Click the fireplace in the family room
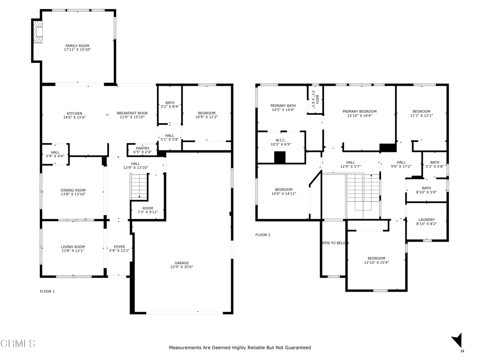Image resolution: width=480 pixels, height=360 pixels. (37, 32)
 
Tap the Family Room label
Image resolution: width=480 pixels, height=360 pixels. (77, 45)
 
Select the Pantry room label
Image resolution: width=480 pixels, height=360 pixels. (142, 148)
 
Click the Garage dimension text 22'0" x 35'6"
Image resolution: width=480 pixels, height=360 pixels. (182, 267)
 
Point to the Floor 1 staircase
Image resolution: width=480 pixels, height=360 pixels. (139, 187)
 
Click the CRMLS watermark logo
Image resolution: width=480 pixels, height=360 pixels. (18, 344)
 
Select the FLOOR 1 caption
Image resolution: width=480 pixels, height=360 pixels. (47, 292)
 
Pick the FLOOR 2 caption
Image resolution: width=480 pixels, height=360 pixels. (262, 235)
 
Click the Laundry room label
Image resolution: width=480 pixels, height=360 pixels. (427, 219)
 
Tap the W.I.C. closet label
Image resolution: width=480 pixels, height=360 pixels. (280, 140)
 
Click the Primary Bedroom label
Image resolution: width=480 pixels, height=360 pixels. (360, 112)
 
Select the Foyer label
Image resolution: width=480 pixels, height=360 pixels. (120, 247)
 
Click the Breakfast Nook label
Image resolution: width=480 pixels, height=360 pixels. (132, 113)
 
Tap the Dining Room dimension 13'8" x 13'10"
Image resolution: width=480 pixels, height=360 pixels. (73, 194)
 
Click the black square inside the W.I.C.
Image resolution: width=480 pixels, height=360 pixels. (280, 157)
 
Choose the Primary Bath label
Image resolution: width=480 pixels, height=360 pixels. (283, 105)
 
